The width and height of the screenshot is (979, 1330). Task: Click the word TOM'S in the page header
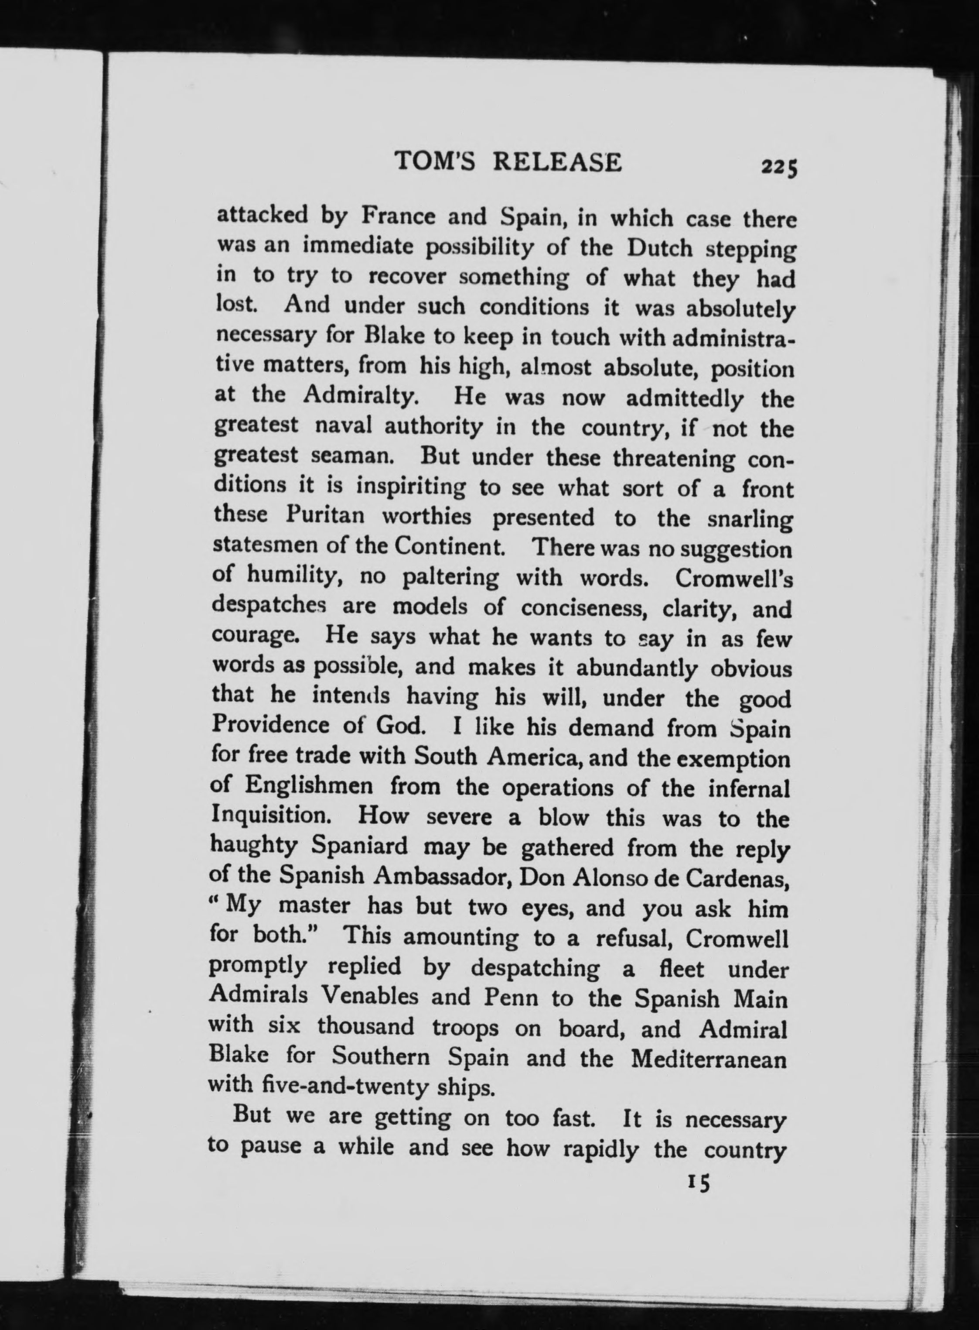coord(435,162)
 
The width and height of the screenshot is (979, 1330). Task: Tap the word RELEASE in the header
coord(558,162)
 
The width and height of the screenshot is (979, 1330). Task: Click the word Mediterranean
coord(708,1059)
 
